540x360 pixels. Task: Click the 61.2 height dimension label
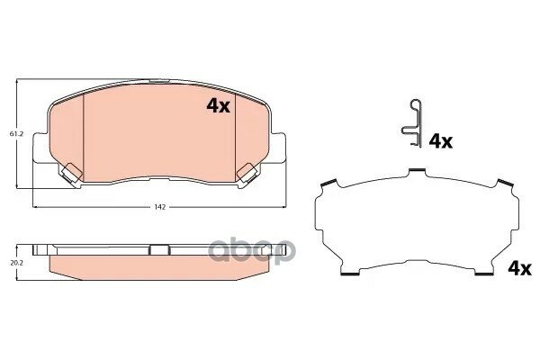(16, 134)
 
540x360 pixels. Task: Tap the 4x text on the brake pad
(219, 106)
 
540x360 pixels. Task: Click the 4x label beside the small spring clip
(440, 141)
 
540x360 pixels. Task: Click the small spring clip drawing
(410, 120)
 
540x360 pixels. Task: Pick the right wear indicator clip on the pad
(245, 171)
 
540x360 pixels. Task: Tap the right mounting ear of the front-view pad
(279, 148)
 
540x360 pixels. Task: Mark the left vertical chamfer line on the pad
(83, 135)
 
